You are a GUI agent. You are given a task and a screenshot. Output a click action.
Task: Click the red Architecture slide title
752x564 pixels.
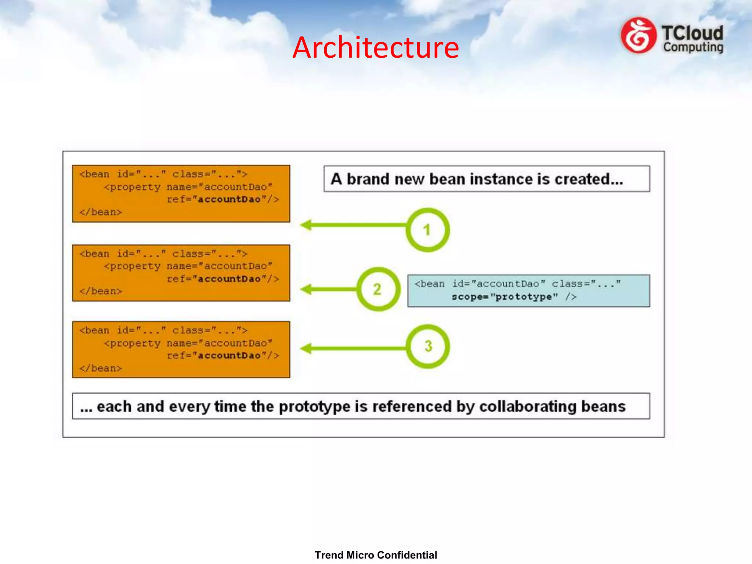375,47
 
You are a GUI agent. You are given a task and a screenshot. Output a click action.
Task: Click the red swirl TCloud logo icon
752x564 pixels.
638,36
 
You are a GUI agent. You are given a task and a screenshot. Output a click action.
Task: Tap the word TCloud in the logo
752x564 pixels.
692,33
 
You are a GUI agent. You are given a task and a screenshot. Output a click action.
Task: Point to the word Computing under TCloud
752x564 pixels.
693,47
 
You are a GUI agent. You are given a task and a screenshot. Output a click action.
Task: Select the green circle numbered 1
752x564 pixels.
427,230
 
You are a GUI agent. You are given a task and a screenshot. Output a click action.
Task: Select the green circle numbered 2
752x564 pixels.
378,289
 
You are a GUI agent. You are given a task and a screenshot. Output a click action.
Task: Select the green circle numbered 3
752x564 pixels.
428,346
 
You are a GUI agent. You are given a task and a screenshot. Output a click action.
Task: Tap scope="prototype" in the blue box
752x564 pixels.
505,297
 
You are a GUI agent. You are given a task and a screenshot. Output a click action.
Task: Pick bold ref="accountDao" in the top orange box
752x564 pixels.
223,199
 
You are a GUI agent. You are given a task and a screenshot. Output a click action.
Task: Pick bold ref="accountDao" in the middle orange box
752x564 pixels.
223,279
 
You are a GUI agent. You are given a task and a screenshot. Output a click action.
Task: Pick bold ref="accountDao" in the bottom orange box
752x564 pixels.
223,355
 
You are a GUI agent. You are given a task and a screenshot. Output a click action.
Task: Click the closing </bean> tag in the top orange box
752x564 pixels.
101,212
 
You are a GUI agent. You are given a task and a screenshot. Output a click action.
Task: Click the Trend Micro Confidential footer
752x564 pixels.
376,555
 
